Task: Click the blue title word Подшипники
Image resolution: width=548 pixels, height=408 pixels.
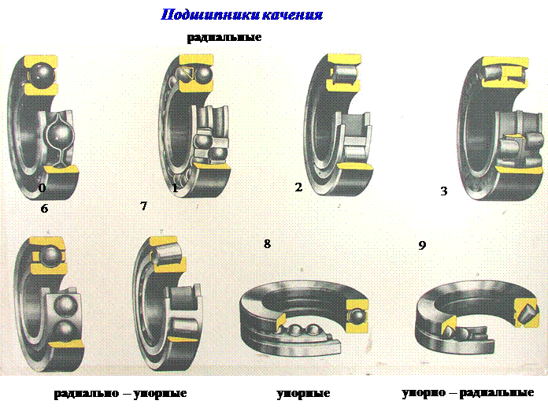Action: [210, 15]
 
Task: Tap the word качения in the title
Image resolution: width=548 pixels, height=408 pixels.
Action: [292, 15]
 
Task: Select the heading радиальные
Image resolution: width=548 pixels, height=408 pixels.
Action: [224, 37]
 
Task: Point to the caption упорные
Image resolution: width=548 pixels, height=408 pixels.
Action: [303, 394]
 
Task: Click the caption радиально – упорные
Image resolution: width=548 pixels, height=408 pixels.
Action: [120, 394]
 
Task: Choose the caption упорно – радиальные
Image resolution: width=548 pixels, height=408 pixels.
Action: [468, 393]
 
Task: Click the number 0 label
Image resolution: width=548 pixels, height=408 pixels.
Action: [42, 188]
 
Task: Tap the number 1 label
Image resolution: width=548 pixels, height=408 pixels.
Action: [175, 188]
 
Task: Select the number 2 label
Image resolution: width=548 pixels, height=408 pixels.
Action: [298, 187]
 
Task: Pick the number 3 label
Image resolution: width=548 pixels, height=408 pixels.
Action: [444, 191]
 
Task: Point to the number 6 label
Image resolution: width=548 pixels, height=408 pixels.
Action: [44, 209]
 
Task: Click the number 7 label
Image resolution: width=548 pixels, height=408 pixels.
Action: [143, 206]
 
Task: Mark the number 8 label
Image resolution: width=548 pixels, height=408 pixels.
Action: [267, 243]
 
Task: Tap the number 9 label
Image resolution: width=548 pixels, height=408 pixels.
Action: [422, 246]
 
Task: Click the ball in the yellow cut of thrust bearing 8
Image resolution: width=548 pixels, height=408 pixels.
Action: [357, 317]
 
